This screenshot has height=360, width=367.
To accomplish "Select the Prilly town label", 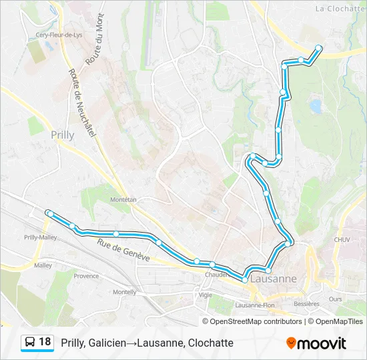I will click(62, 134).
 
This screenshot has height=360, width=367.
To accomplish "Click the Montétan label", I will click(123, 199).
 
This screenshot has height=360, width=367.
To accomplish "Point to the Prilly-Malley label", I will click(40, 237).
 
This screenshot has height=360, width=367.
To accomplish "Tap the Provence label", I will click(86, 275).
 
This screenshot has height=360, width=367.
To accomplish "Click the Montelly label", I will click(125, 291).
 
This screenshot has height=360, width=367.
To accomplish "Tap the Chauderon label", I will click(219, 274).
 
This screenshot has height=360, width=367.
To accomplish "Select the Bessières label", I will click(306, 303).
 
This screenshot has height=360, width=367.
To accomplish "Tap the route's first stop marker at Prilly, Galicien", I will click(49, 213).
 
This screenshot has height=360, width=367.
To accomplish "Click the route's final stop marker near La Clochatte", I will click(318, 48).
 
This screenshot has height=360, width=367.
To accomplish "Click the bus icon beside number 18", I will click(30, 343).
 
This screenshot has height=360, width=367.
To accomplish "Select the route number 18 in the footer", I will click(45, 342).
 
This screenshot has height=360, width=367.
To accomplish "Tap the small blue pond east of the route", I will click(314, 105).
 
